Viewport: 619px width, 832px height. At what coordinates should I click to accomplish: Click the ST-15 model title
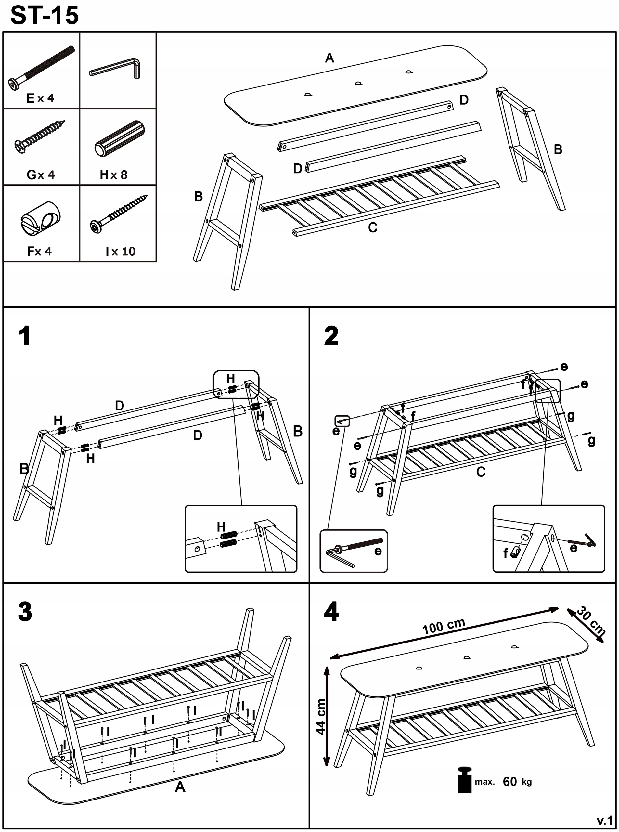45,16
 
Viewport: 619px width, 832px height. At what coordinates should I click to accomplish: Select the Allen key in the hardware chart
115,69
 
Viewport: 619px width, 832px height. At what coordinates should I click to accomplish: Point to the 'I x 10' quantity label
120,252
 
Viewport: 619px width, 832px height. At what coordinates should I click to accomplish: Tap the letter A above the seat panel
329,58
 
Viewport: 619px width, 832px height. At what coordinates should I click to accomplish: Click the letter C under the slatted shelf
372,227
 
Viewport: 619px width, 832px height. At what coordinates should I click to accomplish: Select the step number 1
25,336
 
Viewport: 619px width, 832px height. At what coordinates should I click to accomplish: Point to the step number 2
331,336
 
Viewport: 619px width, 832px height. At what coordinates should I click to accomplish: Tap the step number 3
25,612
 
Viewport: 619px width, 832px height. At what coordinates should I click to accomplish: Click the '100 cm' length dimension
444,626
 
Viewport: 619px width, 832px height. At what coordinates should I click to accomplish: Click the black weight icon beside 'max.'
465,780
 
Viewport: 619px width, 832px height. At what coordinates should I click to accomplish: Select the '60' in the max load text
509,782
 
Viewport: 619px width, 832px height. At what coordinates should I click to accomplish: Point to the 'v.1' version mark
604,821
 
